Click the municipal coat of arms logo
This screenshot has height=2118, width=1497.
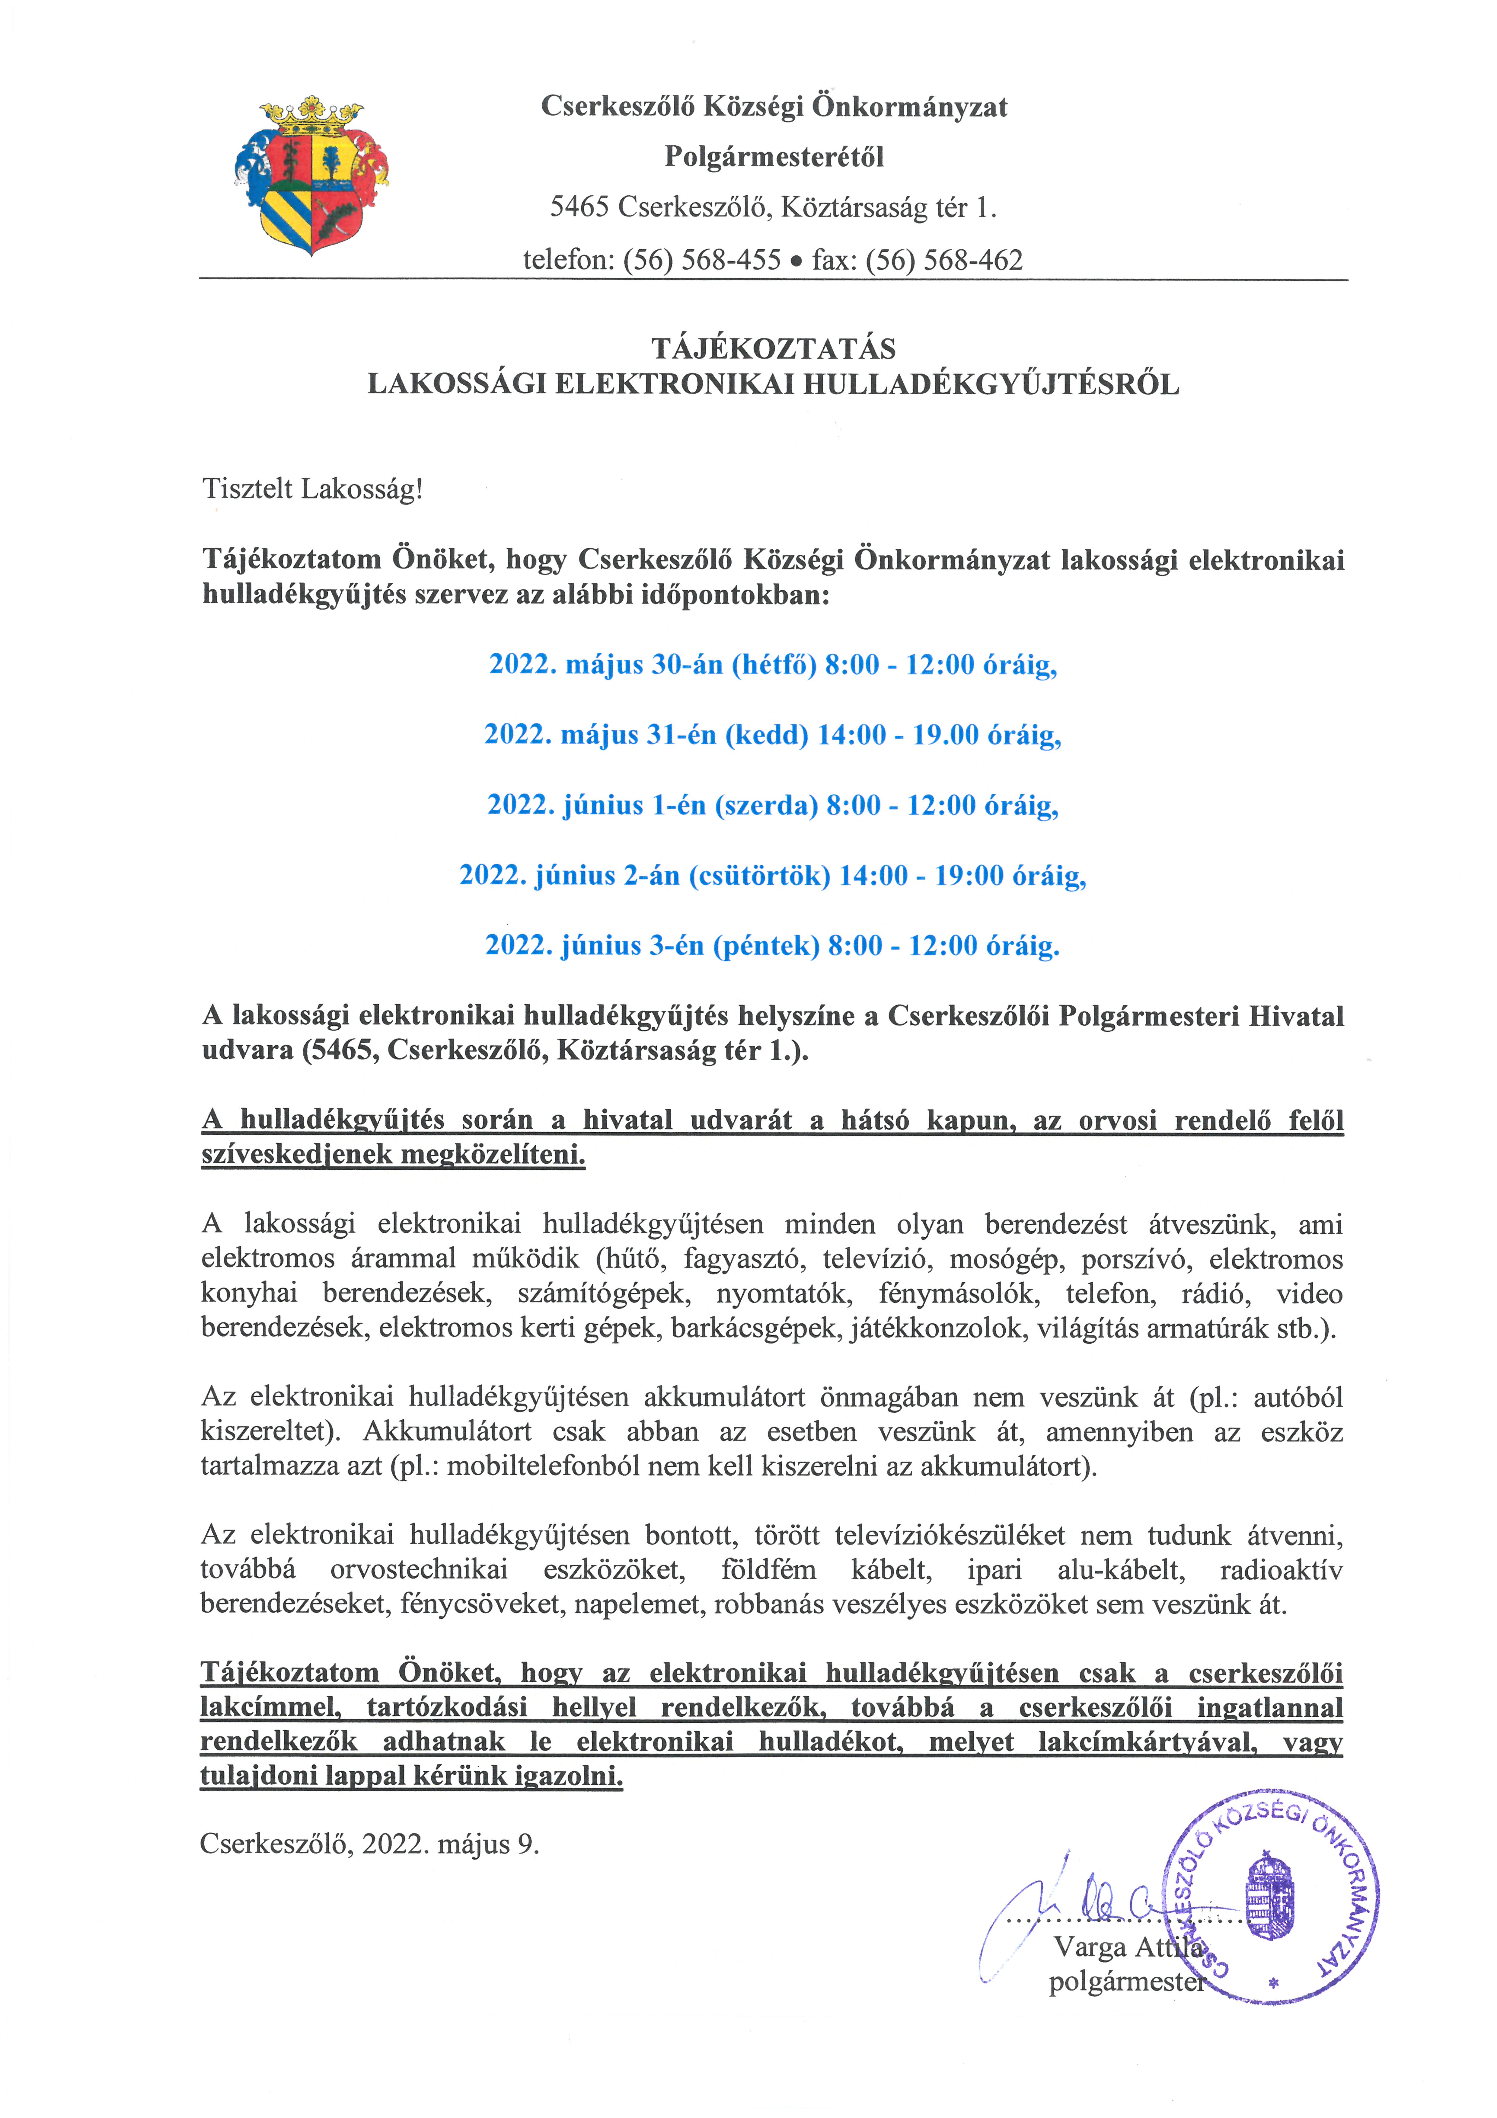click(x=312, y=175)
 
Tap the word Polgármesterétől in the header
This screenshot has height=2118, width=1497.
click(x=774, y=157)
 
